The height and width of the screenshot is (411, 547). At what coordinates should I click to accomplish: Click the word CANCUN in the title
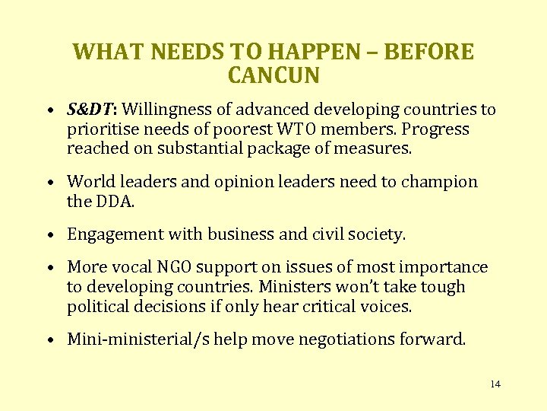click(273, 76)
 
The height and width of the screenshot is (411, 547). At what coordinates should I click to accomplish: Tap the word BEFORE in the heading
click(430, 52)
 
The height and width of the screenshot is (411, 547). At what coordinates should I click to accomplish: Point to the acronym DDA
click(112, 202)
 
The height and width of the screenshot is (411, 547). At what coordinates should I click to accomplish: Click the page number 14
click(495, 384)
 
